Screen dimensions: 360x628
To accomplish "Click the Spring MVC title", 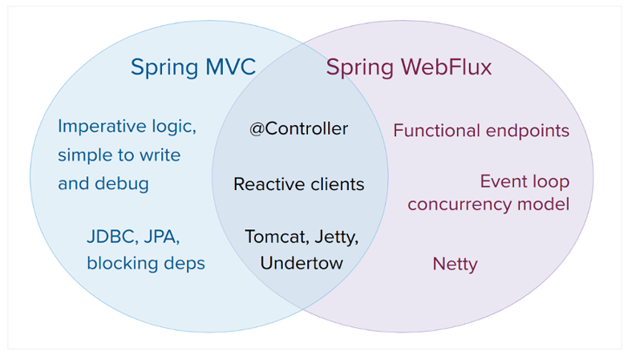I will coord(193,67).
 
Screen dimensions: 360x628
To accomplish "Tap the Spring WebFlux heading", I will coord(408,67).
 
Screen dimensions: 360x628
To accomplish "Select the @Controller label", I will coord(298,129).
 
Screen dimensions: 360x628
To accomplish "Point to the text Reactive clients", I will coord(298,184).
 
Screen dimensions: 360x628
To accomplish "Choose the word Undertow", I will coord(301,263).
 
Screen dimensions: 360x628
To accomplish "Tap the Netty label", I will coord(455,264).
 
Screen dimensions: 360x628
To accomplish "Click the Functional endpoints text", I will coord(480,131).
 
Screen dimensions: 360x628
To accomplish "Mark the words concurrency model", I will coord(488,204).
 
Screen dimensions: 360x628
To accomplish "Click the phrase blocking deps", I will coord(145,263).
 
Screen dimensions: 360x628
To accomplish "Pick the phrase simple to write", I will coord(119,155).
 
